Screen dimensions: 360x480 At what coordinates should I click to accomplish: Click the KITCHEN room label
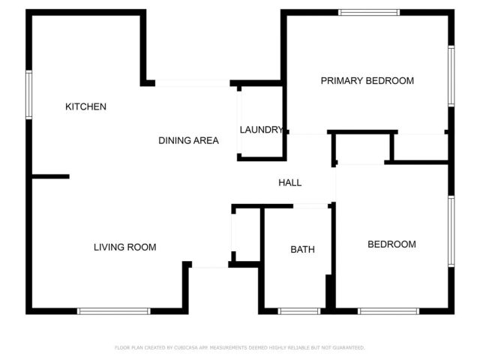click(x=85, y=106)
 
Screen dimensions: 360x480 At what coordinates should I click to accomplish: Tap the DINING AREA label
click(x=188, y=140)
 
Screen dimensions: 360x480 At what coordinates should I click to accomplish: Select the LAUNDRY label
click(x=261, y=130)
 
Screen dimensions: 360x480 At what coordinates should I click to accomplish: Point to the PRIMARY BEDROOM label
click(x=367, y=81)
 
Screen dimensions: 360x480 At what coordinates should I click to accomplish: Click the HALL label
click(x=289, y=182)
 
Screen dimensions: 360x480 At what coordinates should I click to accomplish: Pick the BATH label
click(x=302, y=250)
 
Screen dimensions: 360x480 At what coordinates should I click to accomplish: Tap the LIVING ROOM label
click(x=124, y=247)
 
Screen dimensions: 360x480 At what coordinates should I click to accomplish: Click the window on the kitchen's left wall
click(x=29, y=94)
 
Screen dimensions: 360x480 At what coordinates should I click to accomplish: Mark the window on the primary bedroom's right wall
click(x=451, y=75)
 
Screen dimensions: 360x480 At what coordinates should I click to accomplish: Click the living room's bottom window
click(x=114, y=310)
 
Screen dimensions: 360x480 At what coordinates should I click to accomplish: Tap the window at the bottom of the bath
click(x=298, y=310)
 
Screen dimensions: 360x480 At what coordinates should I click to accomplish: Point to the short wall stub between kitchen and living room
click(x=51, y=177)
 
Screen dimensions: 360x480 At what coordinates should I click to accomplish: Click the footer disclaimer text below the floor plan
click(x=239, y=348)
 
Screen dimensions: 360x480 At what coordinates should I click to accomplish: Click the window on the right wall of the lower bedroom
click(x=451, y=231)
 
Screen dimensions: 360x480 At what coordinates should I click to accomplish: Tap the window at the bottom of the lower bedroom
click(x=388, y=310)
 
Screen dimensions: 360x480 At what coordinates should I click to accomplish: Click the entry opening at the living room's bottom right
click(x=210, y=265)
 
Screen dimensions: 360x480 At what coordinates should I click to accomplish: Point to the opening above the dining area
click(x=192, y=82)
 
